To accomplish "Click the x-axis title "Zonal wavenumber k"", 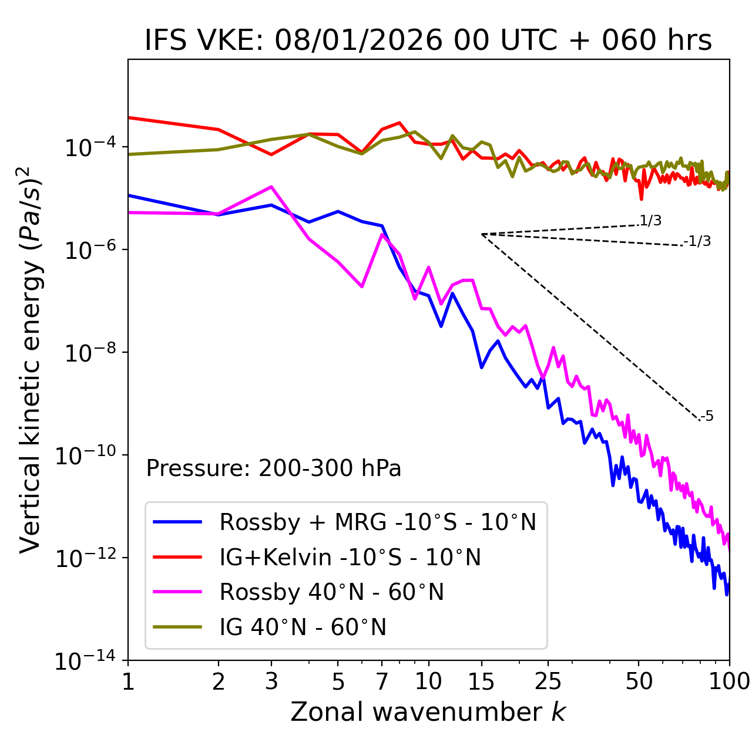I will (428, 711).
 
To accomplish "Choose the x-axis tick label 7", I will (382, 681).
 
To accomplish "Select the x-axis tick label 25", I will (548, 681).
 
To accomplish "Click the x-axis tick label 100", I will (729, 681).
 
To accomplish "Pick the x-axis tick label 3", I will (271, 681).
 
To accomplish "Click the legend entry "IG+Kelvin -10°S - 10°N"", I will (350, 557).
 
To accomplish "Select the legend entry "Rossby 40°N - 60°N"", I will (331, 592).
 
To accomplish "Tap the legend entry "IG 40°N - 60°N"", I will (303, 627).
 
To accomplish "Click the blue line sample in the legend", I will (177, 522).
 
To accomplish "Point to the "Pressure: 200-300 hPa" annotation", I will (274, 468).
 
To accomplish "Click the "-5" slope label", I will (707, 416).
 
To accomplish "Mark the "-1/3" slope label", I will (698, 241).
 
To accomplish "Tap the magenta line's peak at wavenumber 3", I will (271, 187).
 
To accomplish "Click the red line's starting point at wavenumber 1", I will (129, 117).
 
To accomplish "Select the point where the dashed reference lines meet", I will (482, 234).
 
